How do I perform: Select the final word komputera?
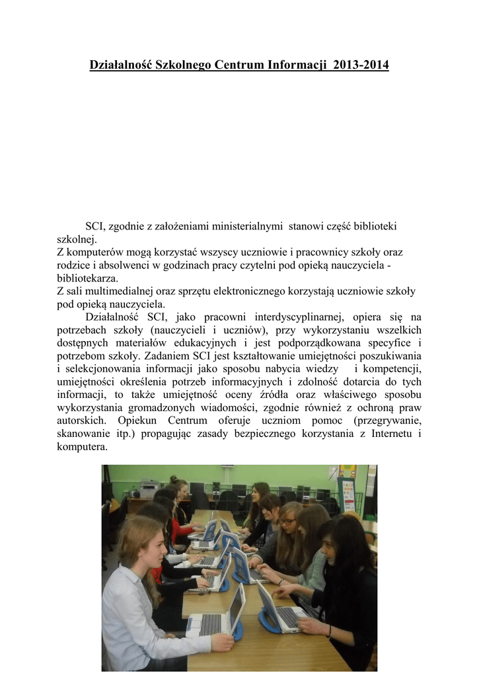pyautogui.click(x=83, y=446)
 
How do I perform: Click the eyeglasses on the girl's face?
pyautogui.click(x=287, y=522)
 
